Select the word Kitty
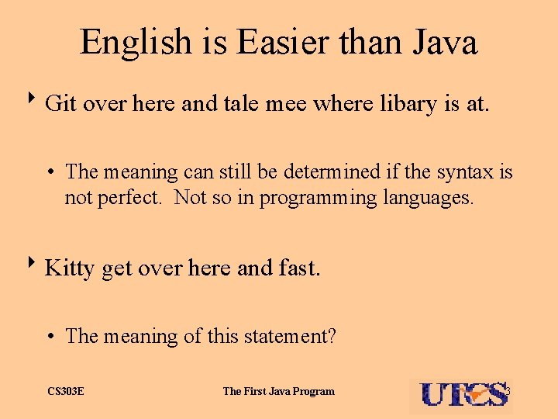click(70, 268)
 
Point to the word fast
click(298, 268)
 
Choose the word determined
click(329, 171)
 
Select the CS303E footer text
click(66, 391)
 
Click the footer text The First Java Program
click(279, 391)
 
